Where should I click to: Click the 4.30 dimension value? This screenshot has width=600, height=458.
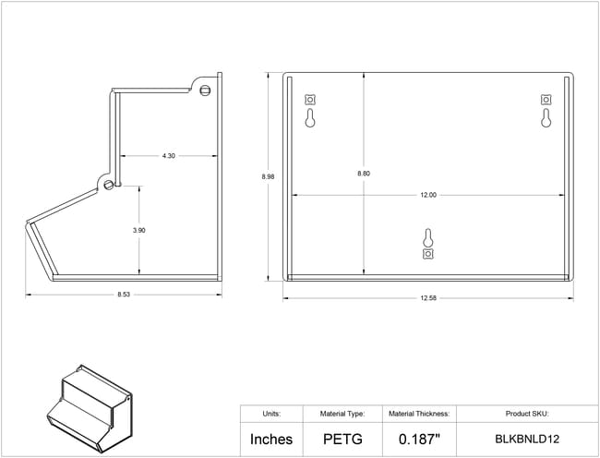168,156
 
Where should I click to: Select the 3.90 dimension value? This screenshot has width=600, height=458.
138,230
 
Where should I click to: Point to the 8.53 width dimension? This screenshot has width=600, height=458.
124,295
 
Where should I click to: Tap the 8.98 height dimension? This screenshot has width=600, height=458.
268,176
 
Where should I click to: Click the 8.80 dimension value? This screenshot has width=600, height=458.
364,174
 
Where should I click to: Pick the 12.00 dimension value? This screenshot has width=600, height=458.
428,195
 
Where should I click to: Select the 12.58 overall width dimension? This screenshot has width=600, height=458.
428,298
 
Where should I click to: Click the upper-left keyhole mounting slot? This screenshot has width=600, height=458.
310,118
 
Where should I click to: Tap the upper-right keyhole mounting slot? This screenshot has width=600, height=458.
546,118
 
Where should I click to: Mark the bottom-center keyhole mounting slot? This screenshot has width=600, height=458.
427,238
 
